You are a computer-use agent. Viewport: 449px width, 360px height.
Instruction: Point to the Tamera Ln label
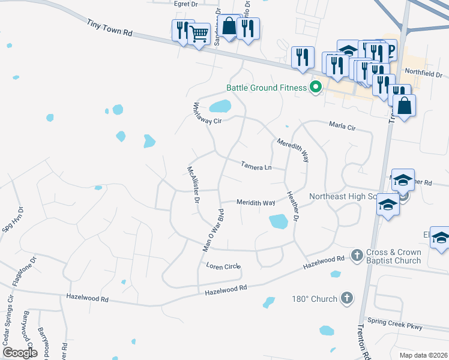pyautogui.click(x=256, y=165)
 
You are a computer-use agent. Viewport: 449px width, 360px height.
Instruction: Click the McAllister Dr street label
pyautogui.click(x=193, y=185)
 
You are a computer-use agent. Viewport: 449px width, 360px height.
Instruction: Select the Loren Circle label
pyautogui.click(x=223, y=266)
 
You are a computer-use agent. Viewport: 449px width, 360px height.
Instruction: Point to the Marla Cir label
pyautogui.click(x=342, y=127)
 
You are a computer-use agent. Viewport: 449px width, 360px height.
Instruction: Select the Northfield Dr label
pyautogui.click(x=423, y=74)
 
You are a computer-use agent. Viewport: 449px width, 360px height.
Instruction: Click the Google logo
pyautogui.click(x=20, y=352)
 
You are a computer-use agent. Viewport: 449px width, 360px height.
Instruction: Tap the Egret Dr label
pyautogui.click(x=185, y=4)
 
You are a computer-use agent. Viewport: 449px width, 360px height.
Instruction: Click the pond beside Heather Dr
pyautogui.click(x=279, y=221)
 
